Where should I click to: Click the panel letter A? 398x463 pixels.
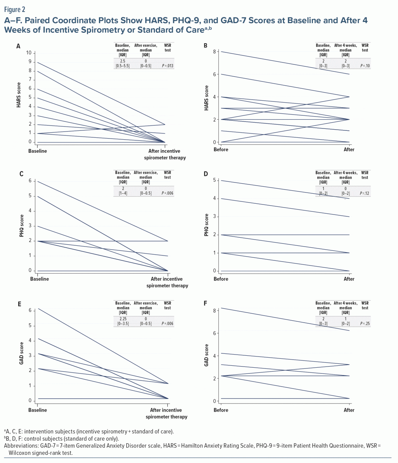tap(18, 46)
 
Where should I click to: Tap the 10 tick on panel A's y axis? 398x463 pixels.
tap(28, 52)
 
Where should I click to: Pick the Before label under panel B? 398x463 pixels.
tap(221, 149)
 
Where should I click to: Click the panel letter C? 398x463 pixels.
tap(21, 174)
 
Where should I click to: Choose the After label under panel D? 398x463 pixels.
tap(349, 279)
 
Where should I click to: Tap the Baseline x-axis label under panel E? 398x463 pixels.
tap(37, 410)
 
